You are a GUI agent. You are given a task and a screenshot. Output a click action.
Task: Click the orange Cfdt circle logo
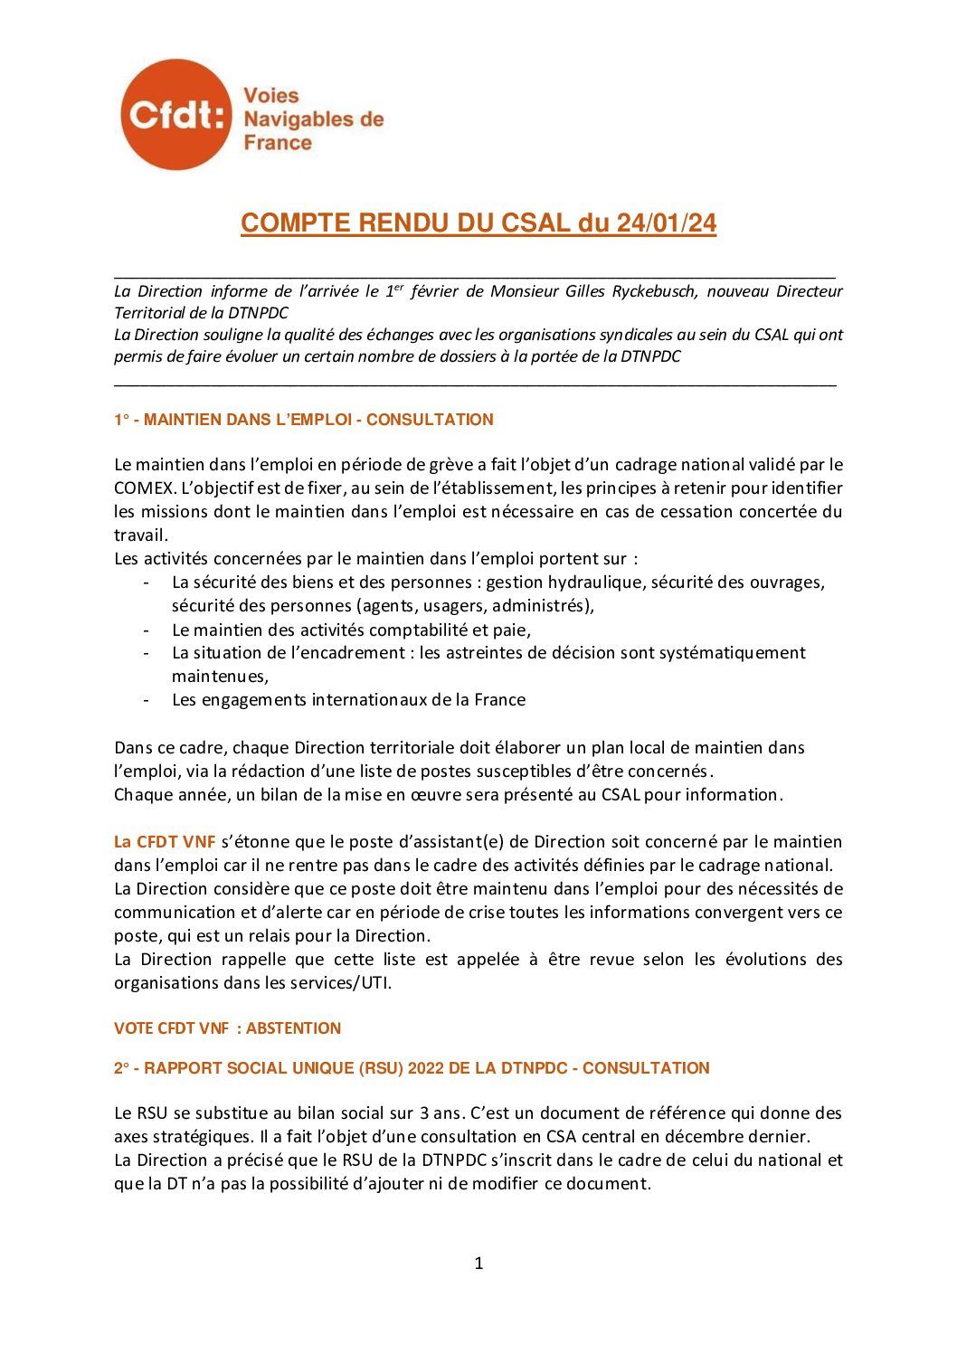(x=175, y=115)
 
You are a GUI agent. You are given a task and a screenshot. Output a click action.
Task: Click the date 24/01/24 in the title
(x=667, y=223)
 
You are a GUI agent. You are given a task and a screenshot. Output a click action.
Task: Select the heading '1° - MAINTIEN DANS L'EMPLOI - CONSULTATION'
(x=304, y=420)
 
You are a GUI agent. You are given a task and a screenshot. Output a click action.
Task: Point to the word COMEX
(x=143, y=488)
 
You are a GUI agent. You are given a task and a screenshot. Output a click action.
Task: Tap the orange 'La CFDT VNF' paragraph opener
(x=165, y=842)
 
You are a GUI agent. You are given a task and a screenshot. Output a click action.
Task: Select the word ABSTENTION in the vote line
(x=293, y=1028)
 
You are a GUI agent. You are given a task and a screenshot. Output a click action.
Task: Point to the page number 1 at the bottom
(x=478, y=1264)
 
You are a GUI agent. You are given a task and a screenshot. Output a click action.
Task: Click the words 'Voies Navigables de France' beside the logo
(x=313, y=118)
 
